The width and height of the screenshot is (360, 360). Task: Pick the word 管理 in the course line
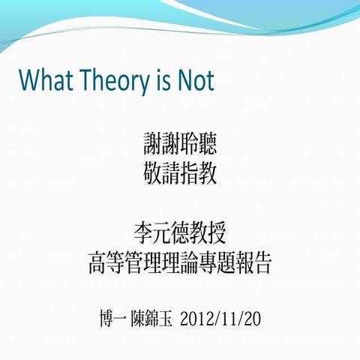click(x=143, y=263)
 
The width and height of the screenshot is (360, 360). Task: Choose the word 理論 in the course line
click(x=180, y=263)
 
